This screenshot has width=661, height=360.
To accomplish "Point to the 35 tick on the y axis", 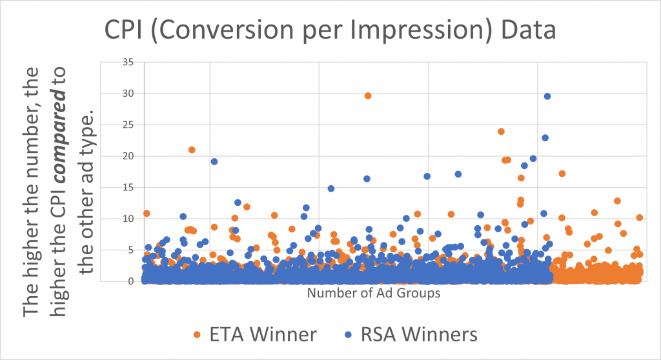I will (127, 62).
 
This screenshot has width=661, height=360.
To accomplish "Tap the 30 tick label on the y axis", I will (127, 94).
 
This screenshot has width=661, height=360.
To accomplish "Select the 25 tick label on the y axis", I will (127, 125).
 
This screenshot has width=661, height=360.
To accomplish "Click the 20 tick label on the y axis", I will (127, 156).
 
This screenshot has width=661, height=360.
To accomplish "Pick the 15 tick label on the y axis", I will (127, 187).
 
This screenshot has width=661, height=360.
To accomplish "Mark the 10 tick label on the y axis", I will (127, 219).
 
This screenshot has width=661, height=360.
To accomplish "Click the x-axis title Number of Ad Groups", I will (374, 294).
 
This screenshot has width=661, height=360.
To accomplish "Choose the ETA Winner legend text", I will (261, 334).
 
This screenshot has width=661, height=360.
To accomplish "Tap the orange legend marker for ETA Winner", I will (197, 335).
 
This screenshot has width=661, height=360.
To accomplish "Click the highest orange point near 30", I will (368, 95).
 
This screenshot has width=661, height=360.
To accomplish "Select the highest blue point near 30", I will (547, 96).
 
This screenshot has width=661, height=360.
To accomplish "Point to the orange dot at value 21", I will (192, 150).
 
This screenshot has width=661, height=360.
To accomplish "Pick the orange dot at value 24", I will (501, 132).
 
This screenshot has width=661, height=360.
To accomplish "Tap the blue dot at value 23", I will (545, 137).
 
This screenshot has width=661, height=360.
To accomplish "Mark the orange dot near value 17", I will (562, 174).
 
